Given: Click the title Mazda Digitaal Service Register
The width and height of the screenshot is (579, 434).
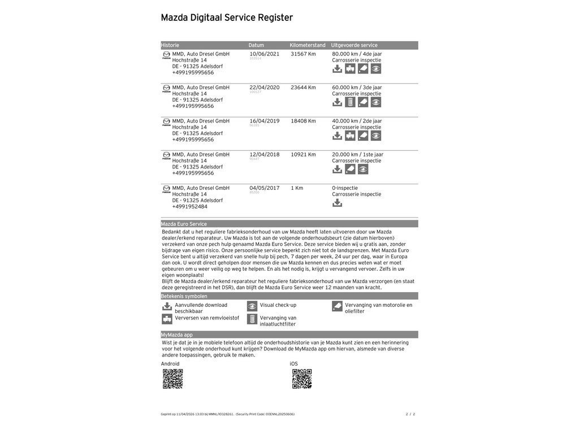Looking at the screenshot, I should coord(227,18).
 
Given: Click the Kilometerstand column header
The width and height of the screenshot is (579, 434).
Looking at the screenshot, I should coord(308,45).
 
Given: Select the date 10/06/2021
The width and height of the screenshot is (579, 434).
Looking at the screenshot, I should coord(264,54).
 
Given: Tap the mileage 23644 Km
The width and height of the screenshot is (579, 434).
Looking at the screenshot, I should coord(303,88).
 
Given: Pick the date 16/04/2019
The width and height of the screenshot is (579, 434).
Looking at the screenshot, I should coord(264,121).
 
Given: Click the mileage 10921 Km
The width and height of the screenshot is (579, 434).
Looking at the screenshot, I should coord(303,154).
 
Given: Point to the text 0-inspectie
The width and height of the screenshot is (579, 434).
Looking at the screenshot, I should coord(345,188).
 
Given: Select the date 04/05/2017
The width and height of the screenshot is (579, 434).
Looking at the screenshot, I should coord(264,188).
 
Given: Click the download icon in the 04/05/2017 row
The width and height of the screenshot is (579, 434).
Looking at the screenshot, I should coord(337,203).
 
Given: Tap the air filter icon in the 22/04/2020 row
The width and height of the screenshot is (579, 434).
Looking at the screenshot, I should coord(350,102).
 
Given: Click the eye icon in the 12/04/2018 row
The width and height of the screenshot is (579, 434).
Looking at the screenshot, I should coord(363,170).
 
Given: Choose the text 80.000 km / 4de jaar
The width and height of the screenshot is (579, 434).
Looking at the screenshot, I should coord(357,54).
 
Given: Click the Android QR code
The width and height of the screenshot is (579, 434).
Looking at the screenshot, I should coord(172,379).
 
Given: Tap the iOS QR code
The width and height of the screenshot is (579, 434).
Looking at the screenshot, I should coord(302,379).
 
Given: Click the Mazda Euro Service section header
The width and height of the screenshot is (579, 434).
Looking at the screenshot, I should coord(184,224).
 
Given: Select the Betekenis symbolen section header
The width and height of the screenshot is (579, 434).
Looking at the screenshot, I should coord(184,296).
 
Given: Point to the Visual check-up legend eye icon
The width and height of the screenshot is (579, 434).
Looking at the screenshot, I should coord(252,306).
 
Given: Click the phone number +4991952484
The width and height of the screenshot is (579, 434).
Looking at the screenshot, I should coord(189,207).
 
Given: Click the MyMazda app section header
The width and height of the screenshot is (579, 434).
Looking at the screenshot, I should coord(177,335).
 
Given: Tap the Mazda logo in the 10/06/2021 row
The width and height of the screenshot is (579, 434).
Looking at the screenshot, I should coord(166,55).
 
